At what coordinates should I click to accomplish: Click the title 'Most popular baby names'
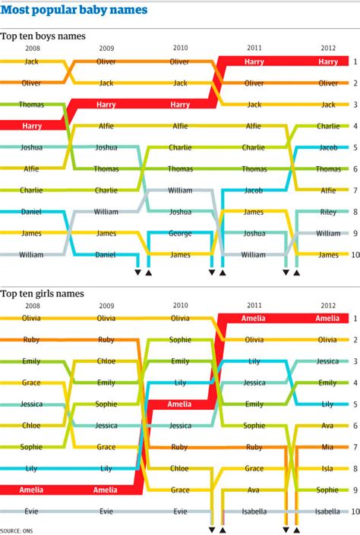pyautogui.click(x=74, y=11)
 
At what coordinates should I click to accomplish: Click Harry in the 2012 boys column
pyautogui.click(x=328, y=61)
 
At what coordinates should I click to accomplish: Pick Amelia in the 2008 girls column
pyautogui.click(x=31, y=490)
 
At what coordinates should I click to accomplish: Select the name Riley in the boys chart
pyautogui.click(x=328, y=212)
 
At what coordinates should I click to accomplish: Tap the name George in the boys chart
pyautogui.click(x=180, y=234)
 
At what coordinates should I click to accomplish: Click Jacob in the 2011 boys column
pyautogui.click(x=254, y=190)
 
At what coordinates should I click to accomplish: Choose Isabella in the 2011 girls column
pyautogui.click(x=254, y=512)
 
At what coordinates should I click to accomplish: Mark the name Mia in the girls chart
pyautogui.click(x=328, y=448)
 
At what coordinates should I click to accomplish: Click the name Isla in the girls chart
pyautogui.click(x=328, y=469)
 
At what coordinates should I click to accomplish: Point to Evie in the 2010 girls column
pyautogui.click(x=180, y=512)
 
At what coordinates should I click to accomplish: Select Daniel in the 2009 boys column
pyautogui.click(x=106, y=255)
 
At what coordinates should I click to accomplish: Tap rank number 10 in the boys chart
pyautogui.click(x=354, y=255)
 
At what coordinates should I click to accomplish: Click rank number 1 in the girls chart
pyautogui.click(x=354, y=319)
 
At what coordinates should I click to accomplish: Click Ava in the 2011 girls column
pyautogui.click(x=254, y=490)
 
